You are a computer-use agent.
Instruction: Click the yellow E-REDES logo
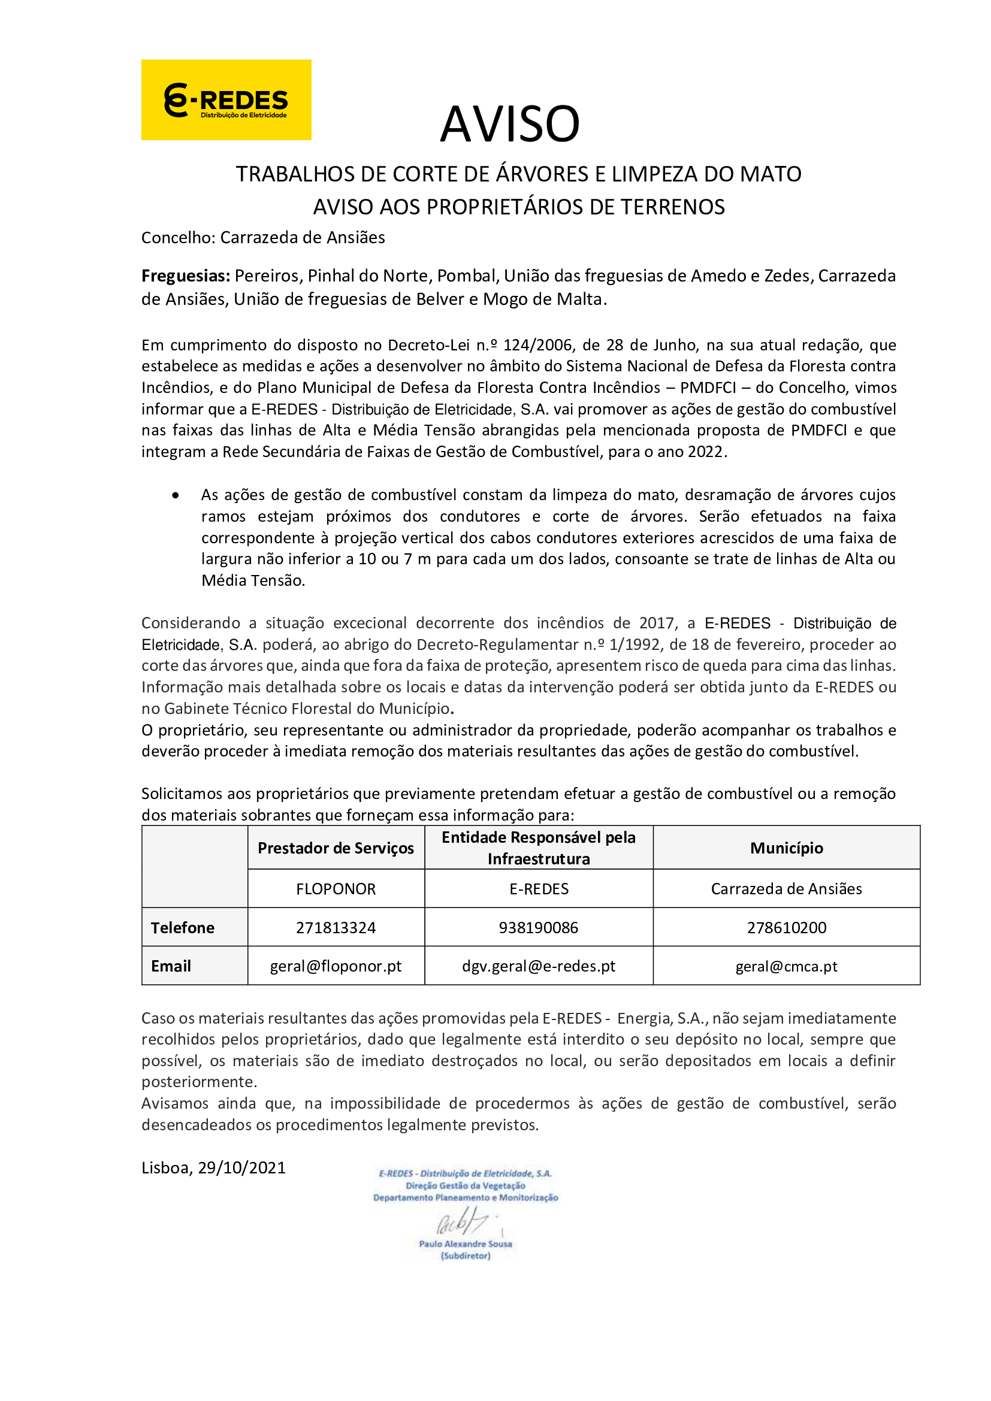click(226, 100)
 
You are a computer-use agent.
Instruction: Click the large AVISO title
click(509, 124)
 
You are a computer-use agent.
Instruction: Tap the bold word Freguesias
click(186, 276)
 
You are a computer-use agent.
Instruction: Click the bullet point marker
click(176, 495)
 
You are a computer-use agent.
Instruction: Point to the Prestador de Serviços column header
click(336, 848)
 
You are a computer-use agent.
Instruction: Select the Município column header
click(786, 848)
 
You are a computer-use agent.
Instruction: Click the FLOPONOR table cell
click(336, 889)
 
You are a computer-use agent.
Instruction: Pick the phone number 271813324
click(336, 928)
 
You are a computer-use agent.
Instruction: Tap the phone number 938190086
click(538, 928)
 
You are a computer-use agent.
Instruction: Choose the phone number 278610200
click(786, 928)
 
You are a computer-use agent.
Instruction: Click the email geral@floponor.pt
click(336, 967)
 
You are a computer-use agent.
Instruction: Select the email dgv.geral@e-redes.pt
click(538, 967)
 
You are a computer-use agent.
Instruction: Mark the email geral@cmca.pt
click(786, 967)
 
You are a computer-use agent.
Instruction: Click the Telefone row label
click(183, 928)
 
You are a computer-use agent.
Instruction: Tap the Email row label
click(171, 967)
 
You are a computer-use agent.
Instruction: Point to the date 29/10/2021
click(241, 1168)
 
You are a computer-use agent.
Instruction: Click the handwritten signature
click(463, 1223)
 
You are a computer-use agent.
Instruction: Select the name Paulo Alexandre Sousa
click(465, 1243)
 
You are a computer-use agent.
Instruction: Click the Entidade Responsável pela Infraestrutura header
click(538, 848)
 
